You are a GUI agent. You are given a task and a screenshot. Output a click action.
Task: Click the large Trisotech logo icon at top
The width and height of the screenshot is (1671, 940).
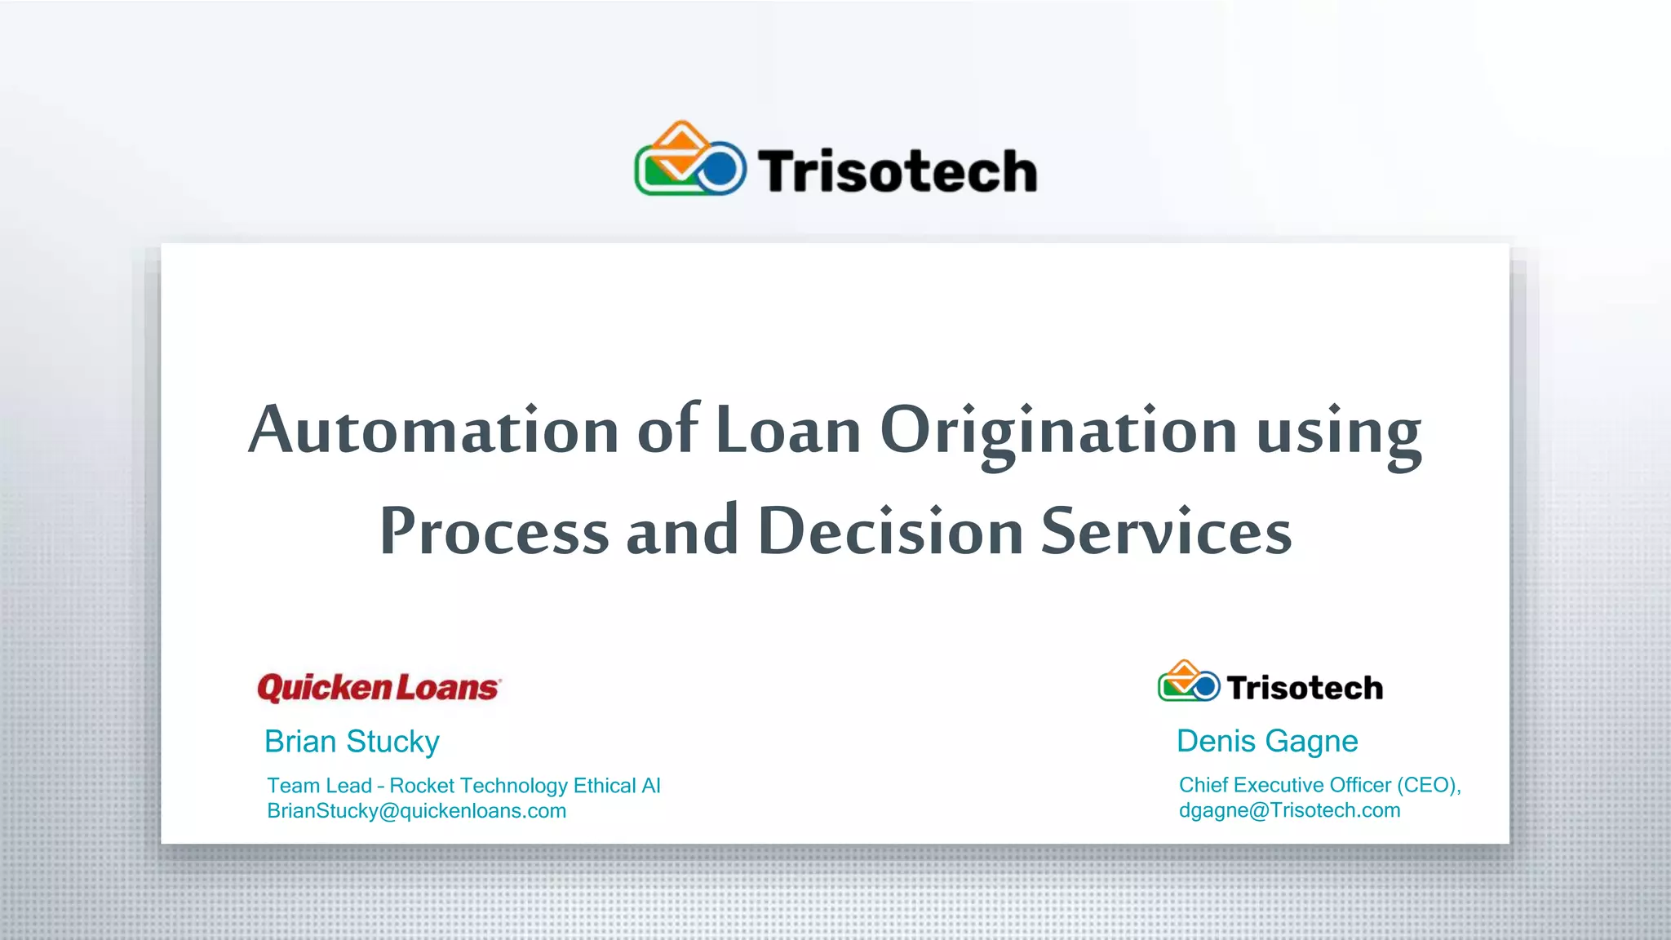[690, 160]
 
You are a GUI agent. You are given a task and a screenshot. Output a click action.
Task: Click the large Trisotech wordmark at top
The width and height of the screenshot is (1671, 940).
[897, 171]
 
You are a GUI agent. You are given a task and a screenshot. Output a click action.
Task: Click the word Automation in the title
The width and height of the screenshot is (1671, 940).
[433, 430]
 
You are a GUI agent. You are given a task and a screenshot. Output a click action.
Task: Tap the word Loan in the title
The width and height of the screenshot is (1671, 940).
[787, 430]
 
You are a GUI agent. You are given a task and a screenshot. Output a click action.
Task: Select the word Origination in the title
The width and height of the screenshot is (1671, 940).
[1058, 432]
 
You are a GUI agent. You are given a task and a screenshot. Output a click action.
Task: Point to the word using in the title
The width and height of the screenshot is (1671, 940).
[1339, 433]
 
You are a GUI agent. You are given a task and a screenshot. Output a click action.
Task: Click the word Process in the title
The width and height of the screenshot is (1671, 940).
[494, 531]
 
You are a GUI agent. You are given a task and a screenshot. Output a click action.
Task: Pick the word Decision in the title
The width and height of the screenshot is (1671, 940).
[890, 531]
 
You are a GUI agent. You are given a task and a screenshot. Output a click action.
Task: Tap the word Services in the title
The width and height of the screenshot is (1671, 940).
[1166, 531]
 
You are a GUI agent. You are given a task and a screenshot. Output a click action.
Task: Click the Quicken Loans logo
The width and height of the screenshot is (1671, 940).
[379, 688]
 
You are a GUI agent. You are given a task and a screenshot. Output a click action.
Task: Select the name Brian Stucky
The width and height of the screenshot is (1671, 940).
[352, 742]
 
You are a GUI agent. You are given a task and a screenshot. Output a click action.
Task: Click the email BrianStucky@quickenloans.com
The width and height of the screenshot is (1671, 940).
[416, 811]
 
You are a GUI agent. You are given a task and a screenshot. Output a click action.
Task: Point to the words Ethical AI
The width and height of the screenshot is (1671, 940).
[617, 786]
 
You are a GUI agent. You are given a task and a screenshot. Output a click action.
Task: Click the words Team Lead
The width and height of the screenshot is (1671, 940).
[319, 786]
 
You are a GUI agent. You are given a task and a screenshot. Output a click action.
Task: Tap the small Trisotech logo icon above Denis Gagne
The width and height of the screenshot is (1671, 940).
[1188, 682]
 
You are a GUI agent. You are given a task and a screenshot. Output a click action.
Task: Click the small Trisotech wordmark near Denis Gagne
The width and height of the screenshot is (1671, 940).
[1304, 688]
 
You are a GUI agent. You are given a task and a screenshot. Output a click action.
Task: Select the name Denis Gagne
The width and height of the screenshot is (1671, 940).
[1266, 741]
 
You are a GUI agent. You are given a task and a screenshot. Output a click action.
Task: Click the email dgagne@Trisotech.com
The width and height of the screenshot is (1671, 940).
[1289, 810]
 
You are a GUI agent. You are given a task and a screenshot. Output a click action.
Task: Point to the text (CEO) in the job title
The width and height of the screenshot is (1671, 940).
[1427, 785]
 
